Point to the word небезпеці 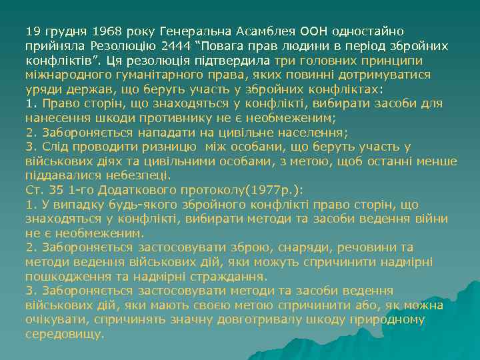(x=142, y=176)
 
